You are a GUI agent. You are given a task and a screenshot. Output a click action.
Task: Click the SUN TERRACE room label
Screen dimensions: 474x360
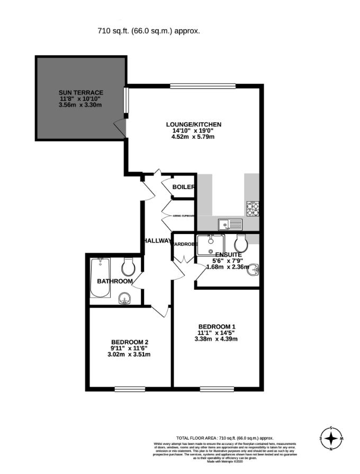point(80,93)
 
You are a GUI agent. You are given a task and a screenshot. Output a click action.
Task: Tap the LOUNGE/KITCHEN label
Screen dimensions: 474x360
point(193,124)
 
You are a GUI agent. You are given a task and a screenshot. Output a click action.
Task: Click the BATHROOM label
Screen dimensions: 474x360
point(114,281)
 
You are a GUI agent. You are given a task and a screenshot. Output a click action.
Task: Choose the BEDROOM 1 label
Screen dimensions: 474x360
point(217,326)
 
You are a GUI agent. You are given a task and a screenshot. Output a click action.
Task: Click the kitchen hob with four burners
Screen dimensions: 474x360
point(253,209)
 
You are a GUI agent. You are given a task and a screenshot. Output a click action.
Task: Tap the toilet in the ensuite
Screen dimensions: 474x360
point(241,244)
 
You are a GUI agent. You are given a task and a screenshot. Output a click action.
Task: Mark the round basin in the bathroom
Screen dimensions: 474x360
point(125,300)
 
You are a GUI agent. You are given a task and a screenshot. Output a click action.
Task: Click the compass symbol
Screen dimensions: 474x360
point(331,439)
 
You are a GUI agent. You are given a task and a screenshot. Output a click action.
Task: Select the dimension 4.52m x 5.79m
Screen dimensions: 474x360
point(193,137)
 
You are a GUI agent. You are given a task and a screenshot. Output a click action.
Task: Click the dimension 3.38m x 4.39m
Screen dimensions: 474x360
point(217,339)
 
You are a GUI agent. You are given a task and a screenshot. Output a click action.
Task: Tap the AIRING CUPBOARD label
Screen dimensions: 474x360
point(184,216)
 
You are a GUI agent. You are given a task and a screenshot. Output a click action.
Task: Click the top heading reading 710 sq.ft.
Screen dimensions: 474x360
point(149,31)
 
